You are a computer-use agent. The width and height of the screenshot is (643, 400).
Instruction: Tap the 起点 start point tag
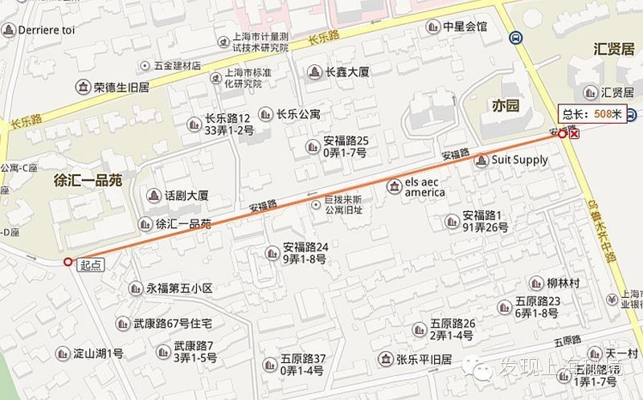pyautogui.click(x=91, y=266)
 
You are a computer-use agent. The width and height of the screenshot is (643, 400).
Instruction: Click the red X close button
pyautogui.click(x=574, y=133)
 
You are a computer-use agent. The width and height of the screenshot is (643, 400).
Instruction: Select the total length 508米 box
pyautogui.click(x=592, y=115)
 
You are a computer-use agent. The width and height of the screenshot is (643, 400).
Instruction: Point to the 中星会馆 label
pyautogui.click(x=465, y=27)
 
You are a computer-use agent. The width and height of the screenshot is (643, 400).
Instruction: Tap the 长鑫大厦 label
pyautogui.click(x=347, y=72)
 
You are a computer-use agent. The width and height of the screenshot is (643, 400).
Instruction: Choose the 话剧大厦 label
pyautogui.click(x=186, y=195)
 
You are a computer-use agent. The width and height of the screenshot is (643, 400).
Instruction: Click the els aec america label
pyautogui.click(x=424, y=187)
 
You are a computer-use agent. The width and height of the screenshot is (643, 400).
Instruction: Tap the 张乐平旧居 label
pyautogui.click(x=425, y=359)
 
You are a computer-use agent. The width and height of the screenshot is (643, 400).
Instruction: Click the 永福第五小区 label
pyautogui.click(x=178, y=288)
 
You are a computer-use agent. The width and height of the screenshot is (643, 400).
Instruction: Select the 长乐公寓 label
pyautogui.click(x=299, y=114)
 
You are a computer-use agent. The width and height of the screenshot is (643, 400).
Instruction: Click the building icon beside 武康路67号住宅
pyautogui.click(x=122, y=324)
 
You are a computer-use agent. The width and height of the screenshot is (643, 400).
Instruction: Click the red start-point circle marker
pyautogui.click(x=68, y=262)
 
